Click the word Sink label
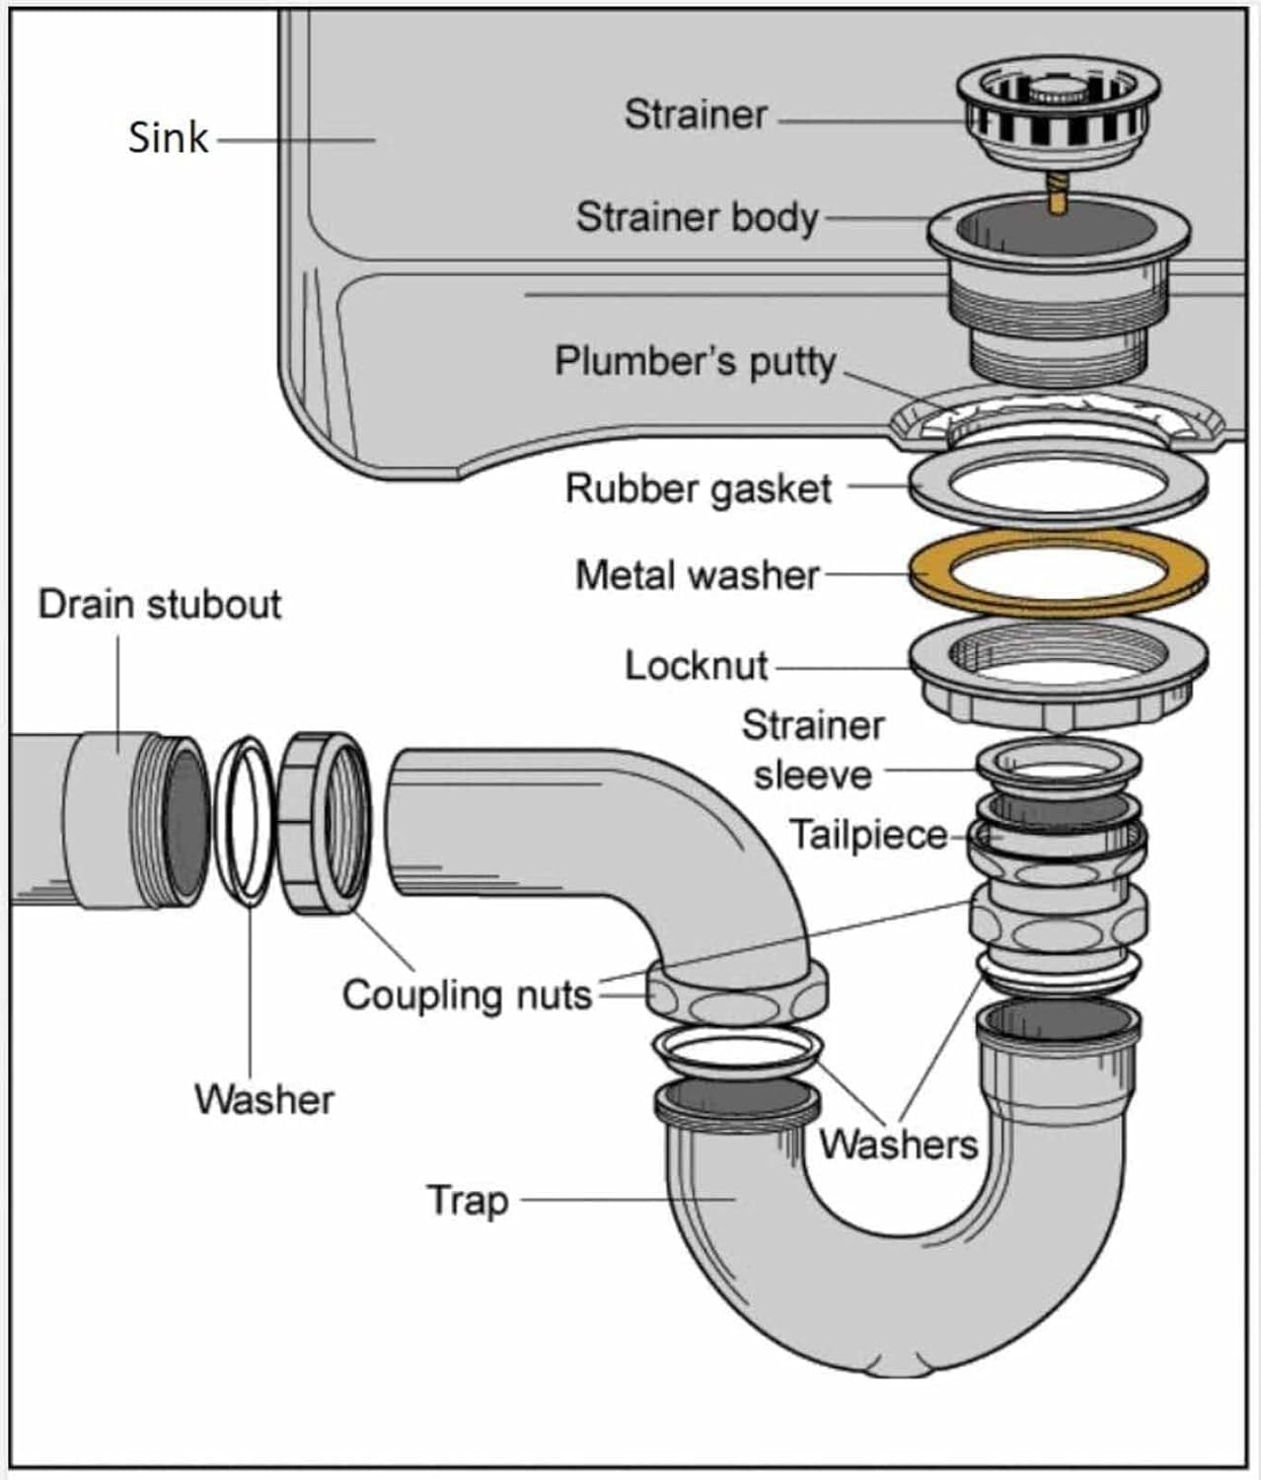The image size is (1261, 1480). click(168, 137)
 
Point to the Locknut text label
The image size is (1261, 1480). click(696, 666)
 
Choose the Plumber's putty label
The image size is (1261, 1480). click(696, 362)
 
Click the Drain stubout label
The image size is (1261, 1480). click(159, 604)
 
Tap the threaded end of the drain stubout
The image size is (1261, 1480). click(177, 817)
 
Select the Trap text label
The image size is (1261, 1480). click(468, 1201)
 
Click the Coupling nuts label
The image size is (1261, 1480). click(467, 995)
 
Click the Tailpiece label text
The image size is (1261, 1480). click(867, 836)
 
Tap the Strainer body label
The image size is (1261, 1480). click(697, 218)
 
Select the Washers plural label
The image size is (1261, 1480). click(898, 1145)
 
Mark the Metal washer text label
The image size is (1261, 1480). click(697, 575)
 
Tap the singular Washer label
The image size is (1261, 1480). click(263, 1099)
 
